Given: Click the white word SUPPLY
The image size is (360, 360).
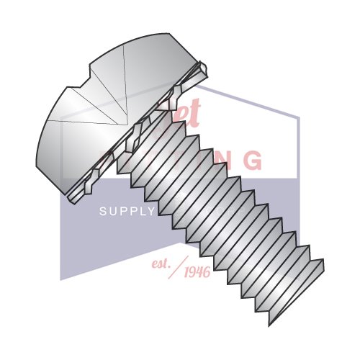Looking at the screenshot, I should tap(127, 212).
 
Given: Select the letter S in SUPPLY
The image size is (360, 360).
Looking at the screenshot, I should tap(102, 212).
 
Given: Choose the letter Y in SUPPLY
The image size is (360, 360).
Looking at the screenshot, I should tap(151, 212).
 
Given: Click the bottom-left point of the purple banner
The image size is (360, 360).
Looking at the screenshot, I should tap(60, 279).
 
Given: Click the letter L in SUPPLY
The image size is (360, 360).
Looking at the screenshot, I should tap(141, 212).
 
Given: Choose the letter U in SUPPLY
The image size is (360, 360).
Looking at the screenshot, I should tap(112, 212).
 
